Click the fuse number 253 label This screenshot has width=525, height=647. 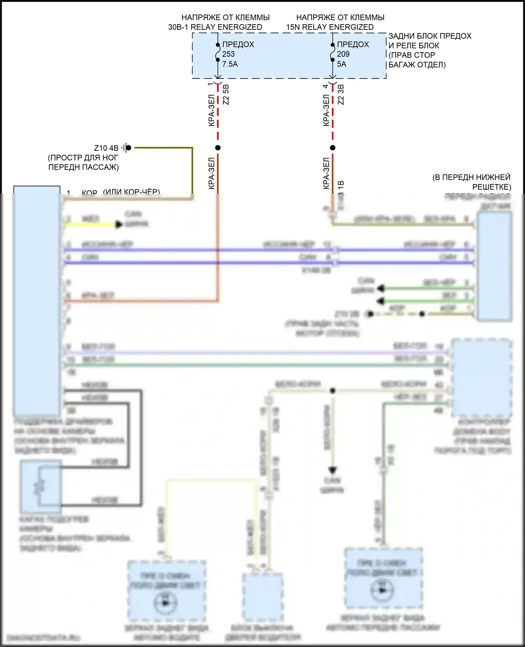click(x=228, y=54)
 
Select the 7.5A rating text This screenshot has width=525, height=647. click(x=230, y=64)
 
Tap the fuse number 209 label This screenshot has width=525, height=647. click(x=343, y=54)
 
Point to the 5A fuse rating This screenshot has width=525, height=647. click(x=341, y=64)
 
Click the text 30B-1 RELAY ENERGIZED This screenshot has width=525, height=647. click(x=215, y=27)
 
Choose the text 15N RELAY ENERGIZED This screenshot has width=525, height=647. click(x=330, y=27)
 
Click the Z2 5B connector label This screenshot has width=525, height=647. click(x=226, y=94)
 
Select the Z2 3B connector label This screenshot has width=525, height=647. click(x=341, y=94)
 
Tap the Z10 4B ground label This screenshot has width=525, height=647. click(x=106, y=148)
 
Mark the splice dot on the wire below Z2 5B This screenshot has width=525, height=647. click(x=218, y=148)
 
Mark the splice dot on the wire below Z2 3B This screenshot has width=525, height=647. click(x=332, y=148)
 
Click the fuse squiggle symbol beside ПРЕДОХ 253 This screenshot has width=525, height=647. click(x=218, y=52)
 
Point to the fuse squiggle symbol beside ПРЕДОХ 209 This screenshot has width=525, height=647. click(x=332, y=52)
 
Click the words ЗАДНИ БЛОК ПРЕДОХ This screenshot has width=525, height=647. click(x=430, y=36)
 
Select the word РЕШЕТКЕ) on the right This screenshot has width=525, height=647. click(x=491, y=186)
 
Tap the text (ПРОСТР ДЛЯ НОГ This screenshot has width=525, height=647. click(x=83, y=158)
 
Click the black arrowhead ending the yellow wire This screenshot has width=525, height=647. click(x=119, y=224)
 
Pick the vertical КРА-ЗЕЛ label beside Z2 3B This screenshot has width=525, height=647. click(x=326, y=110)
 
